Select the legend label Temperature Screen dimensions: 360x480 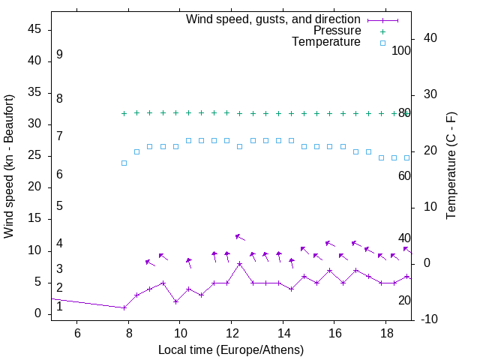(326, 42)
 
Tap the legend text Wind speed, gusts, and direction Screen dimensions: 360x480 (273, 19)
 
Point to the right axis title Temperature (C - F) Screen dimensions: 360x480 (451, 166)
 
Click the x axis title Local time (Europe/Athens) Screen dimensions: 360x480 (231, 350)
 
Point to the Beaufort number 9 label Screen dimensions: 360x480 (59, 55)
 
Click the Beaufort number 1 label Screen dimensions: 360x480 (59, 306)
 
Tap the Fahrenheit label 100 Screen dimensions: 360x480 (402, 50)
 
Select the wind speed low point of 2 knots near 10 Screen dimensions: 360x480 (175, 301)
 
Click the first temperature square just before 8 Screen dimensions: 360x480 (124, 163)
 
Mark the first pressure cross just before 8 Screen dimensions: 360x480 (124, 114)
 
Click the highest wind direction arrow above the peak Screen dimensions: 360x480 (240, 237)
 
